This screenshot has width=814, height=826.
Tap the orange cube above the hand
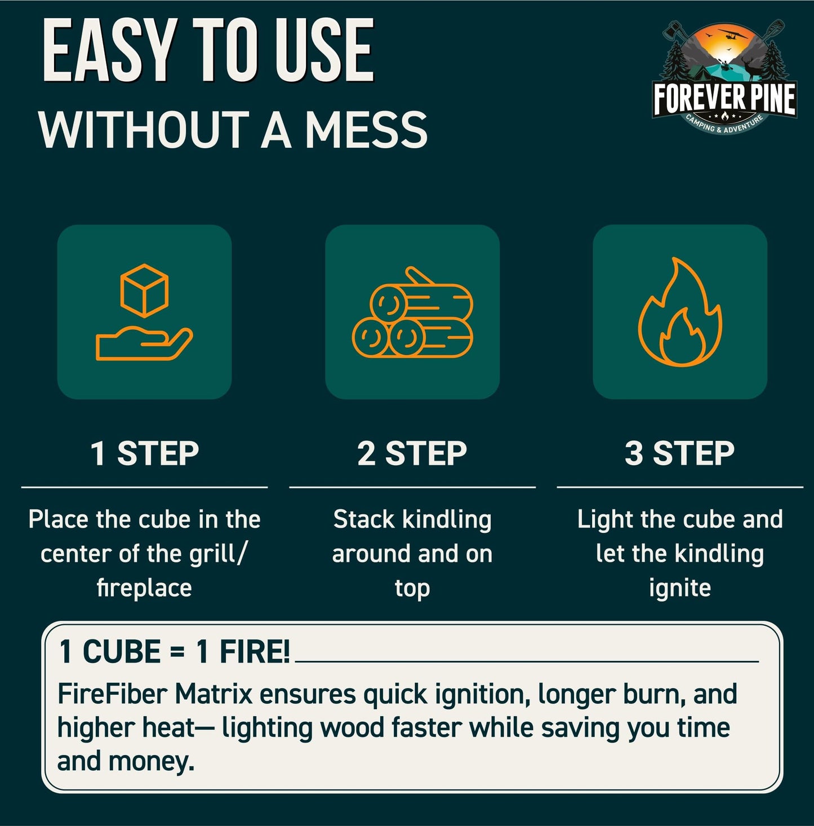[x=144, y=290]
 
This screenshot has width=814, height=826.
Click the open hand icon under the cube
[x=144, y=343]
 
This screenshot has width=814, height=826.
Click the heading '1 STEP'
[x=145, y=453]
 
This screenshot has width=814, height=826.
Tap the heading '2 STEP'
[x=412, y=453]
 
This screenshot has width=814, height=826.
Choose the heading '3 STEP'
[x=680, y=453]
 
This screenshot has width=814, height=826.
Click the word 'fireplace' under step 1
[x=144, y=588]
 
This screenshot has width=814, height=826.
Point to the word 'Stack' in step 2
[x=363, y=519]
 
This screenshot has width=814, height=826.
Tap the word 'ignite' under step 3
[x=680, y=588]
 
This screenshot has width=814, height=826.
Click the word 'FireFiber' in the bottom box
[x=112, y=694]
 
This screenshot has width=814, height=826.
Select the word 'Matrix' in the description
[x=213, y=694]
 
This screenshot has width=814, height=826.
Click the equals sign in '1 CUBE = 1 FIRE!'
[x=177, y=653]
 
